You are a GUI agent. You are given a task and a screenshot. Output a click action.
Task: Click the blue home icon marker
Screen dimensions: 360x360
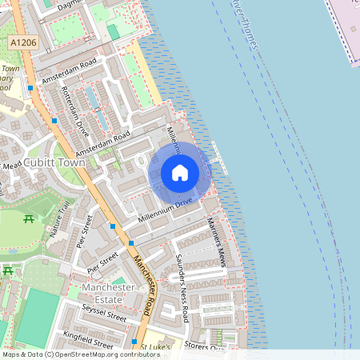coord(180,172)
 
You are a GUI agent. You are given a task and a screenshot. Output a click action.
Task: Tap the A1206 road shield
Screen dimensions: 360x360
coord(24,41)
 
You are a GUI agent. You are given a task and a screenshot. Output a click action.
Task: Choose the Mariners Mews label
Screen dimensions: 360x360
coord(217,241)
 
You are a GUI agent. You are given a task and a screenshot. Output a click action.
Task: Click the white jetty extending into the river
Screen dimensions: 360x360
coord(219,156)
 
